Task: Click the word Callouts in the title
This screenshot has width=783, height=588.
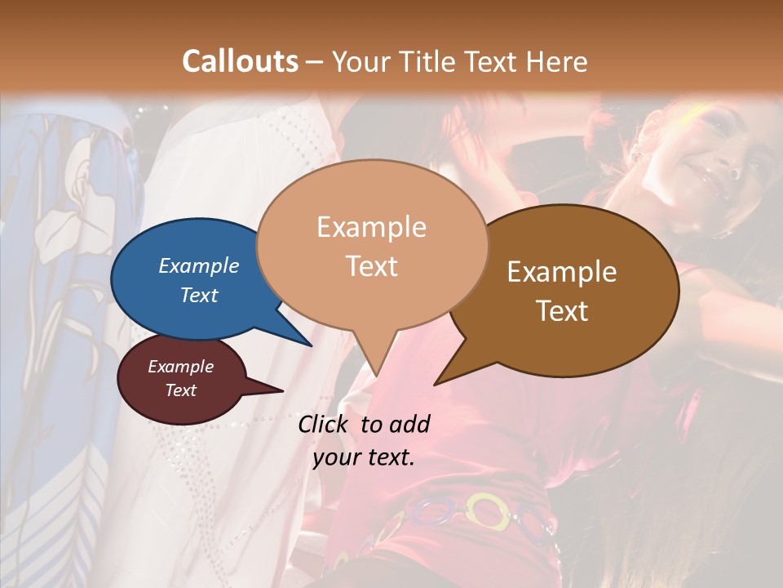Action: pos(240,62)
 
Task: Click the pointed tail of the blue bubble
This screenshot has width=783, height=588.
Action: pos(312,345)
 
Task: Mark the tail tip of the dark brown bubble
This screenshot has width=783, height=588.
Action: pos(436,384)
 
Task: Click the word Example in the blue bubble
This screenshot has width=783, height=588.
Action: pos(198,265)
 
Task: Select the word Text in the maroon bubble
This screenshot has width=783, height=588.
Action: pos(181,390)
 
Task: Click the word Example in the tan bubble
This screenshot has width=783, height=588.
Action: pos(371,227)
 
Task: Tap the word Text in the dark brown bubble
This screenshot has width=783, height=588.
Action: pos(562,311)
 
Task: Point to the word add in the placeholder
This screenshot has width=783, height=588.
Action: pos(409,424)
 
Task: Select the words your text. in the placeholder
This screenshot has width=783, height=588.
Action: pos(364,457)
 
